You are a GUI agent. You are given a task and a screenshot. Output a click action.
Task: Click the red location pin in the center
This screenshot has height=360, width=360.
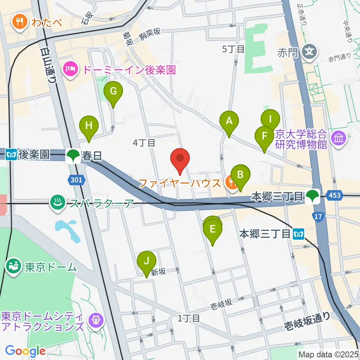[x=180, y=159]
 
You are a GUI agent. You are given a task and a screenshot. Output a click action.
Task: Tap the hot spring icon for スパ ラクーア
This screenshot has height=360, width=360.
[x=57, y=203]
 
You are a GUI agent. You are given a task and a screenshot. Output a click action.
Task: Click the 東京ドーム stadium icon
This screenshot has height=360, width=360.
[x=14, y=267]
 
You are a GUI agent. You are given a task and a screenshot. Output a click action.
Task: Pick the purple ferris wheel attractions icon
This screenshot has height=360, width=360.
[x=93, y=320]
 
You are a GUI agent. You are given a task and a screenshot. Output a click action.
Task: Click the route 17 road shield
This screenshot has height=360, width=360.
[x=318, y=216]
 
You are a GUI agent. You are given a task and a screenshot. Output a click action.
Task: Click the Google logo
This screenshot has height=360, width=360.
[x=25, y=351]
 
